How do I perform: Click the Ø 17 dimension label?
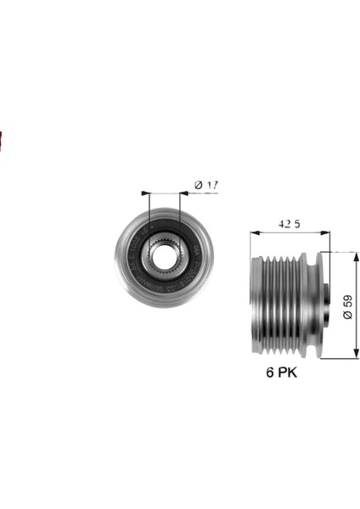pyautogui.click(x=206, y=185)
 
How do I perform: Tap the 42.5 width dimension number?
pyautogui.click(x=290, y=224)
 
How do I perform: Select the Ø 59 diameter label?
pyautogui.click(x=347, y=307)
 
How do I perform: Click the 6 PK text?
pyautogui.click(x=281, y=372)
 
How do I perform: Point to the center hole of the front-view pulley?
pyautogui.click(x=163, y=256)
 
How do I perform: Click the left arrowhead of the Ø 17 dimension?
pyautogui.click(x=145, y=193)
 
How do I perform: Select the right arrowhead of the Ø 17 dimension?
pyautogui.click(x=184, y=193)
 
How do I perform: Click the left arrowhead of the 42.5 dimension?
pyautogui.click(x=255, y=232)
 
